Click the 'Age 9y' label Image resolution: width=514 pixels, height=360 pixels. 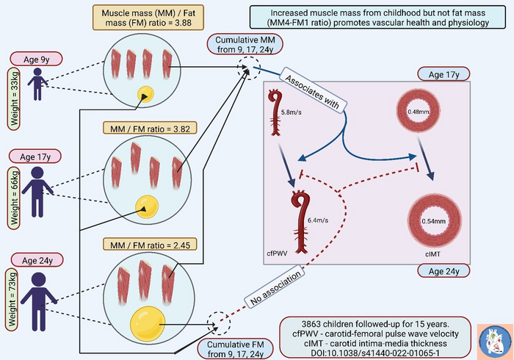pyautogui.click(x=37, y=60)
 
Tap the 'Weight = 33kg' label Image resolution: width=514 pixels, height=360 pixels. pyautogui.click(x=14, y=98)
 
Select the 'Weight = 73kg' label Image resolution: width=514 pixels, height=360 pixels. pyautogui.click(x=12, y=299)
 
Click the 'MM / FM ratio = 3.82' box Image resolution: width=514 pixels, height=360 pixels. pyautogui.click(x=150, y=128)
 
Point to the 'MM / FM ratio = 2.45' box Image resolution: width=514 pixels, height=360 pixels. pyautogui.click(x=150, y=245)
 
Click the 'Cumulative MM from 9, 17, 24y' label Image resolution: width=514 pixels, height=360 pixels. pyautogui.click(x=245, y=45)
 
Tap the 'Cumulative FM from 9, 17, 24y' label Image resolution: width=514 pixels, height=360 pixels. pyautogui.click(x=236, y=349)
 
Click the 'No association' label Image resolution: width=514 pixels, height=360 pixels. pyautogui.click(x=275, y=287)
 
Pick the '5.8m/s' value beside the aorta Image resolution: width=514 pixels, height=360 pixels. pyautogui.click(x=291, y=112)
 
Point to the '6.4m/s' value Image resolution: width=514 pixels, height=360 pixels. pyautogui.click(x=318, y=220)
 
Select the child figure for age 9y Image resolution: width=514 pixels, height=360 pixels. pyautogui.click(x=37, y=84)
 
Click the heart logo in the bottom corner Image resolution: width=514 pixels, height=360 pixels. pyautogui.click(x=495, y=342)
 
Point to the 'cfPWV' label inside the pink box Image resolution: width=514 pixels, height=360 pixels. pyautogui.click(x=277, y=253)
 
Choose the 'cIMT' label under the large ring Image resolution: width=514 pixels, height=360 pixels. pyautogui.click(x=432, y=254)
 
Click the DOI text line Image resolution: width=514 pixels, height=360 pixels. pyautogui.click(x=375, y=353)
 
